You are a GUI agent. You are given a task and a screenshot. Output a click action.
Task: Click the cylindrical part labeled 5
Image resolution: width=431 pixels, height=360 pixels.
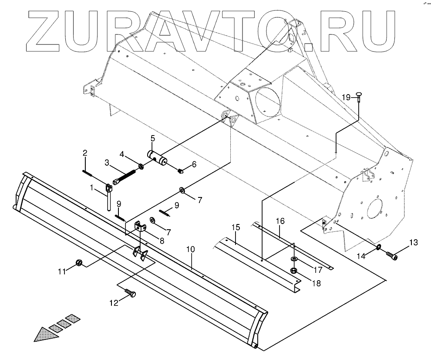157,157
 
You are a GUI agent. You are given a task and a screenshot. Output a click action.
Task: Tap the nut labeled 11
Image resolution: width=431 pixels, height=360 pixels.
79,262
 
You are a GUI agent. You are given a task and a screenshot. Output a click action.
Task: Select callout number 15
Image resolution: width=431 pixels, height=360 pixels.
236,227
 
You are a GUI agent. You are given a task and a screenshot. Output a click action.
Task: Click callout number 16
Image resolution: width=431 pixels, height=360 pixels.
280,221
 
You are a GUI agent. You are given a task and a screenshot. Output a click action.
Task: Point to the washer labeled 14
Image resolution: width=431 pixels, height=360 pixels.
379,248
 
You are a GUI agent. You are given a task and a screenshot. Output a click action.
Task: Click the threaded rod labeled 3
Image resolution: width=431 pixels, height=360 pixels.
124,178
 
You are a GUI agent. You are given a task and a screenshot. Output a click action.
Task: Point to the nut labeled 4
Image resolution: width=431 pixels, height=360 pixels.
141,166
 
